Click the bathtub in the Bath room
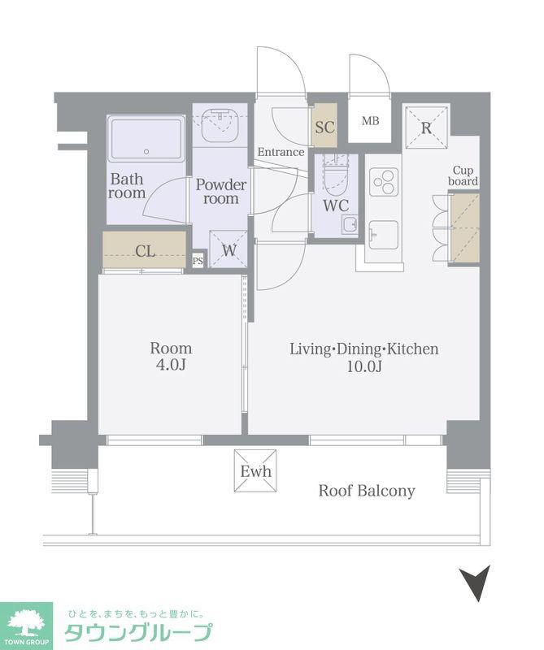[146, 139]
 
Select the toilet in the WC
[336, 177]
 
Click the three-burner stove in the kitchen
[384, 181]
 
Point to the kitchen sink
[384, 235]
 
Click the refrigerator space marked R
[427, 128]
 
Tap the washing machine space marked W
[229, 249]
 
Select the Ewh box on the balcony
[255, 471]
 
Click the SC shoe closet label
[324, 127]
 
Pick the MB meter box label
[370, 121]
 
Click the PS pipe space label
[198, 261]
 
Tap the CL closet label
[146, 251]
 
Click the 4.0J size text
[171, 364]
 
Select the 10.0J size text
[364, 366]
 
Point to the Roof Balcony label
[367, 491]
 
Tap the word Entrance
[281, 152]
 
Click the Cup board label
[463, 175]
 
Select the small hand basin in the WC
[350, 225]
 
